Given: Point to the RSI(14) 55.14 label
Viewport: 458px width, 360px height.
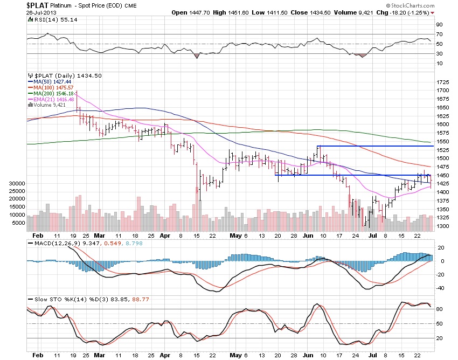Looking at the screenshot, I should [x=50, y=19].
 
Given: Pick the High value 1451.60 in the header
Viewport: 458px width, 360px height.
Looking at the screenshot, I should [x=246, y=12].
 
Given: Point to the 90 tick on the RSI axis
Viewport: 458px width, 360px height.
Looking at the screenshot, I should [x=440, y=24].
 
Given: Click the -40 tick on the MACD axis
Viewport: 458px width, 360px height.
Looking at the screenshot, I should [x=440, y=287].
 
